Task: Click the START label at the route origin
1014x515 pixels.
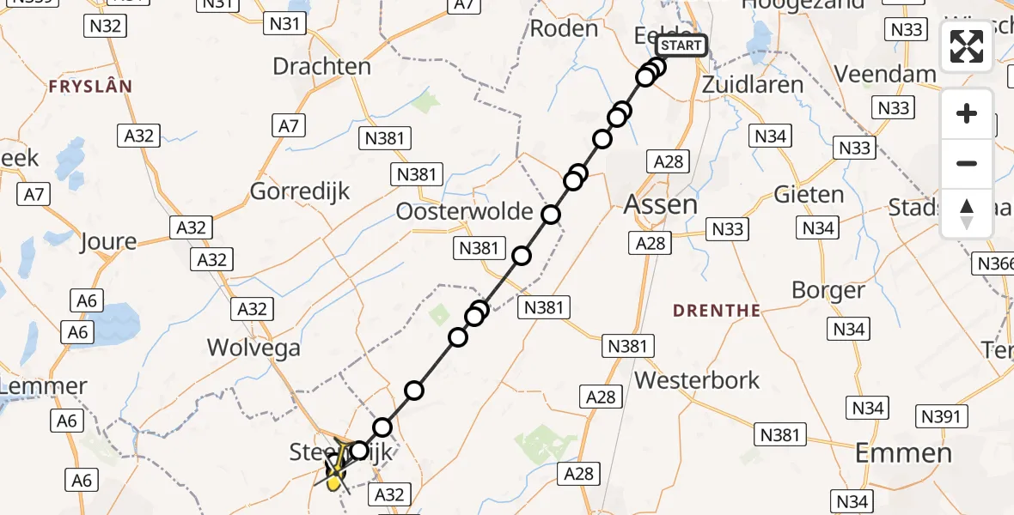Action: pos(681,45)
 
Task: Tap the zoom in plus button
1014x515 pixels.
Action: pos(967,113)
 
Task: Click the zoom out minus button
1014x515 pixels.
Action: pos(967,163)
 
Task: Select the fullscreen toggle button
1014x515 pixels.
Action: pos(967,46)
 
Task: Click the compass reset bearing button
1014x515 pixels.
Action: pos(967,214)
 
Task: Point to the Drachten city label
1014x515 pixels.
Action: pos(321,66)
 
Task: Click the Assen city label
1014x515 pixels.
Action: pos(660,204)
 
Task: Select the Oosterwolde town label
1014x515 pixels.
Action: pos(465,211)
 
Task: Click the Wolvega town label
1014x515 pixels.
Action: pos(253,347)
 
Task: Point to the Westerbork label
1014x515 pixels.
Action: pos(697,379)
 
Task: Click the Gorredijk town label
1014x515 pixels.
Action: pos(300,191)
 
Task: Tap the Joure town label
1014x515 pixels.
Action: pos(107,241)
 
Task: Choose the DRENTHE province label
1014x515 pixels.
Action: pos(717,311)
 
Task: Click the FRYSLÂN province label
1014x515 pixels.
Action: pos(90,87)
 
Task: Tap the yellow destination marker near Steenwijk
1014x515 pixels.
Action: pos(333,482)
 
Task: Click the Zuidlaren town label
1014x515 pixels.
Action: pos(752,84)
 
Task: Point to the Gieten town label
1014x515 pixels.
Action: pos(808,194)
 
